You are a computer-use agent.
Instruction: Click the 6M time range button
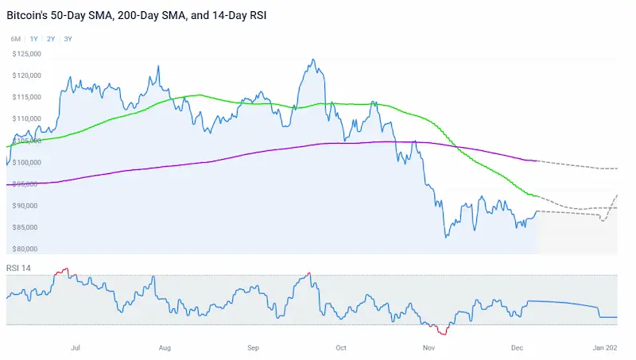(x=15, y=39)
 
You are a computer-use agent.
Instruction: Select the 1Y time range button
(x=33, y=39)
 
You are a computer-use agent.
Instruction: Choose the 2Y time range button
(x=51, y=39)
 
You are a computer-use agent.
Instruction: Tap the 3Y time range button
(x=68, y=39)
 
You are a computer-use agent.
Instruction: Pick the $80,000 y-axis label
(x=29, y=249)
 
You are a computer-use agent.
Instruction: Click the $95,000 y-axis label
(x=29, y=184)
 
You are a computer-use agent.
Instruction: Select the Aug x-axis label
(x=165, y=347)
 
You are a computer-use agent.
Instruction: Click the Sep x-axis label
(x=254, y=347)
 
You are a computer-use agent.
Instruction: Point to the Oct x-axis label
(x=342, y=347)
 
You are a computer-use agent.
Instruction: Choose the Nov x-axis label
(x=429, y=347)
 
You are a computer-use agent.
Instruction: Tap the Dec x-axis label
(x=517, y=347)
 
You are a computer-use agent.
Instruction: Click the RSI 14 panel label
(x=18, y=267)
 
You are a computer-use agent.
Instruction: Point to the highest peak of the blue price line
(x=314, y=60)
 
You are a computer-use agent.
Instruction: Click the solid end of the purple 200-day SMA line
(x=538, y=161)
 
